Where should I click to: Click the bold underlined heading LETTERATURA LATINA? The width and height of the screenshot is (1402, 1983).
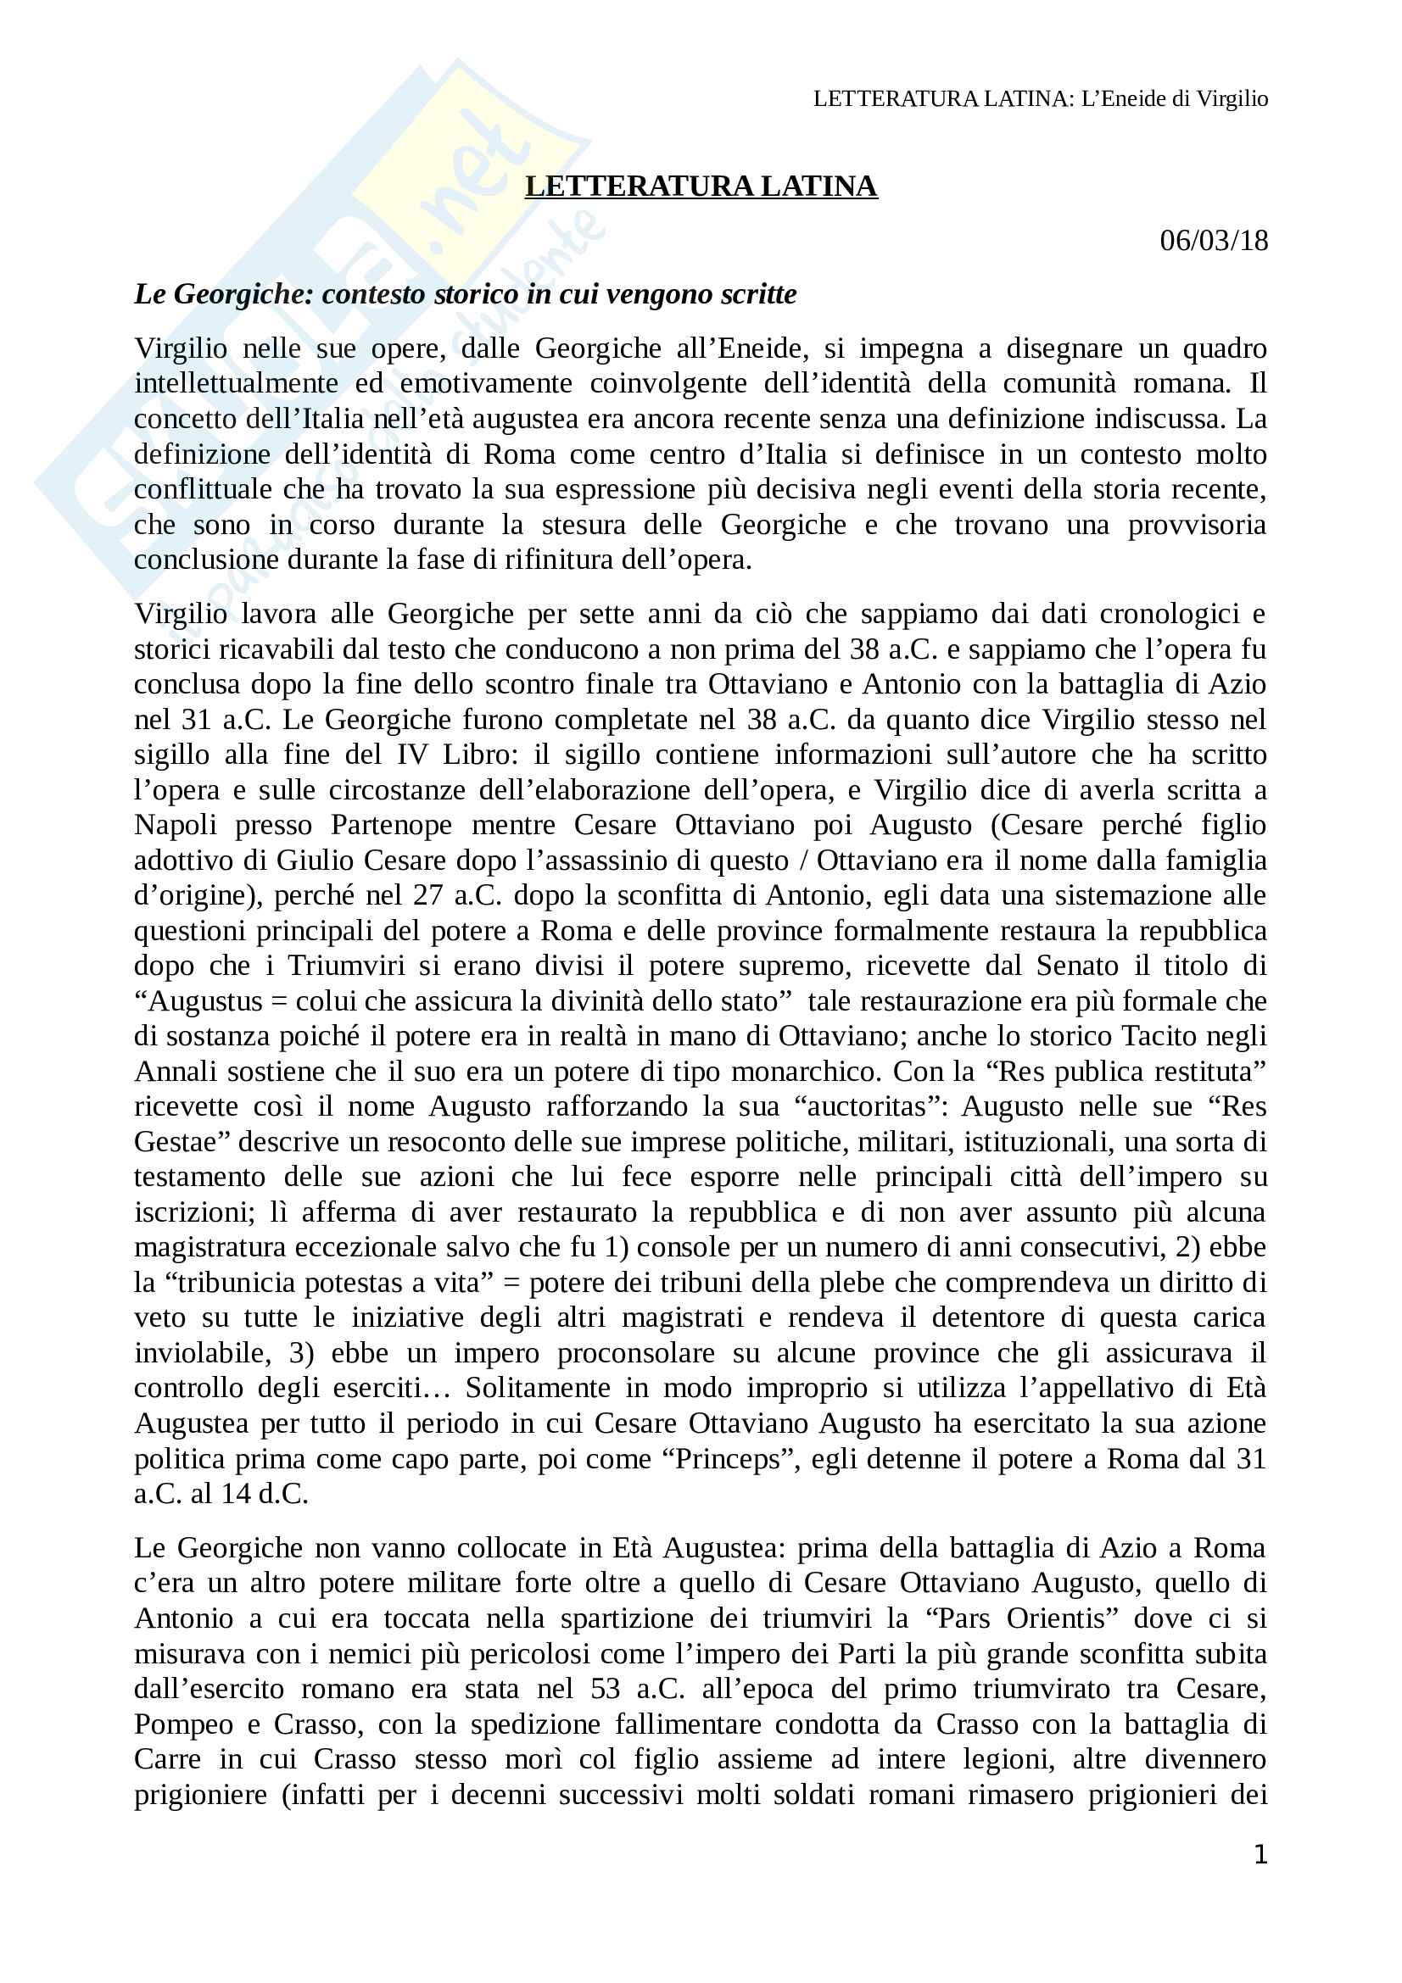701,187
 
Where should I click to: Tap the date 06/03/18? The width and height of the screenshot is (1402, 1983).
1213,240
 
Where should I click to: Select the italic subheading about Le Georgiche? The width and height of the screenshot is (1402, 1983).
465,294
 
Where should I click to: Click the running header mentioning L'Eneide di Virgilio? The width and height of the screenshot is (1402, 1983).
1040,99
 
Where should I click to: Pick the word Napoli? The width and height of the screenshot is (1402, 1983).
176,825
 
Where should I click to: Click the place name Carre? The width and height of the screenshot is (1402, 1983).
168,1759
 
